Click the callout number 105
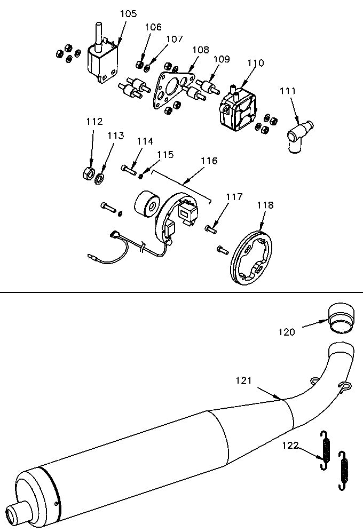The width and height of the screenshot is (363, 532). click(128, 13)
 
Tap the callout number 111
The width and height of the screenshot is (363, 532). click(288, 91)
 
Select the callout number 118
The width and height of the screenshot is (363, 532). click(265, 205)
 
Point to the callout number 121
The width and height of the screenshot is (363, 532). click(243, 380)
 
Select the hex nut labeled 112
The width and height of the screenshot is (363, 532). click(86, 173)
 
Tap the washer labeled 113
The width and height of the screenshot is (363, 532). click(100, 177)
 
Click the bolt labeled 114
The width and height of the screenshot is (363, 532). click(129, 170)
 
